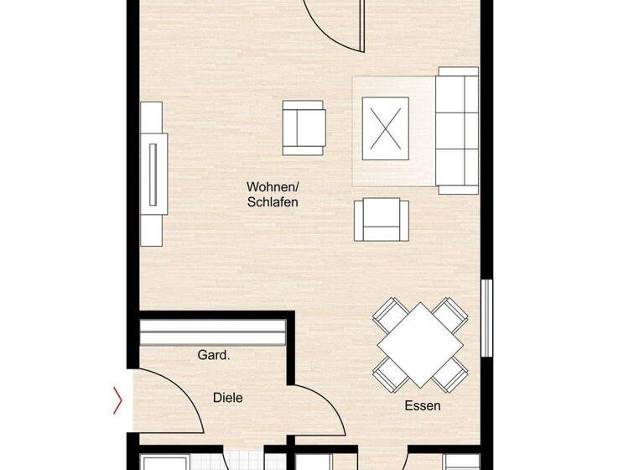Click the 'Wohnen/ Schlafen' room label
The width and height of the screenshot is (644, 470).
point(273,194)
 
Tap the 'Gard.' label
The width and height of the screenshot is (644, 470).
point(214,356)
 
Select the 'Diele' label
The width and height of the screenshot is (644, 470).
point(227,398)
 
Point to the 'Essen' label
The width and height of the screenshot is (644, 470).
point(423,405)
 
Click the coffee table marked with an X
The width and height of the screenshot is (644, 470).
point(385,128)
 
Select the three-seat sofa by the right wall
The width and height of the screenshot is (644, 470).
point(457,131)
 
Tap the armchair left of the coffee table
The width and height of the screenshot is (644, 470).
point(303,128)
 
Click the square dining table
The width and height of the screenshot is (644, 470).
point(419,344)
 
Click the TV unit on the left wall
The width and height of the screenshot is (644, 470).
point(152,173)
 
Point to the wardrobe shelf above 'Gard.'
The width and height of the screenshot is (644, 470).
point(215,332)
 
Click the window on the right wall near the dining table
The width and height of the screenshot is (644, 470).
point(486,318)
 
